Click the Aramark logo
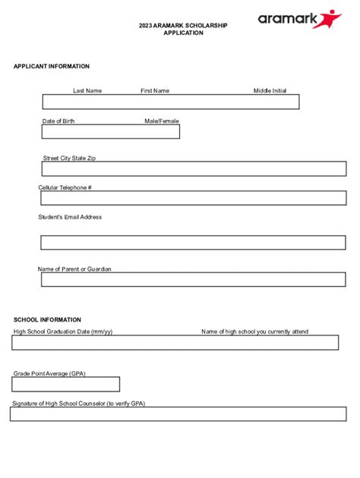point(299,19)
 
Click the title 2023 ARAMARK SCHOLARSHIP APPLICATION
point(183,29)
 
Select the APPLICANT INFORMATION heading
point(51,67)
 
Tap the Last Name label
point(87,91)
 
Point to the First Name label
point(155,91)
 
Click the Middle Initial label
point(270,91)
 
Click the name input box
point(171,102)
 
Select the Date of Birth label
point(58,121)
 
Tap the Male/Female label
point(162,121)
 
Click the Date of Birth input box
point(111,132)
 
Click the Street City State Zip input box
point(194,168)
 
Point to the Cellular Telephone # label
point(65,187)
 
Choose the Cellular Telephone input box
point(194,198)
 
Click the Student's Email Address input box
point(194,243)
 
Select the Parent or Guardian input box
point(194,280)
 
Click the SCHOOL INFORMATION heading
point(47,320)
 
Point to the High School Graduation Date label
point(63,332)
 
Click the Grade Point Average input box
point(66,384)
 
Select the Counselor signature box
point(178,414)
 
